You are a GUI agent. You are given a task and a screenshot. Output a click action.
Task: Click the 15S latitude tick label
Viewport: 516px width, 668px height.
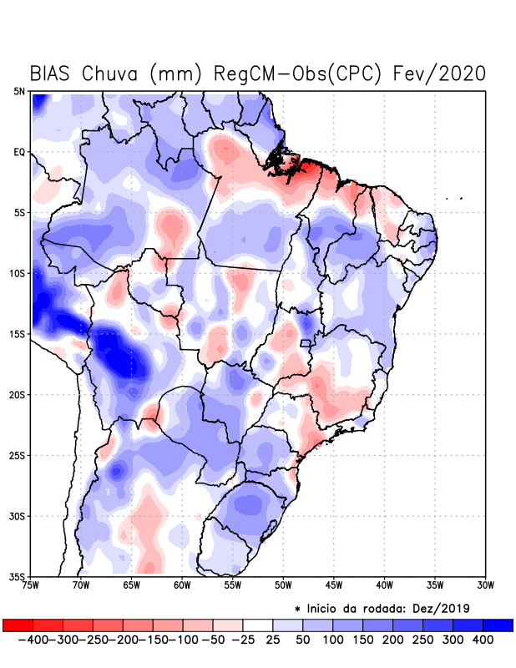pyautogui.click(x=18, y=334)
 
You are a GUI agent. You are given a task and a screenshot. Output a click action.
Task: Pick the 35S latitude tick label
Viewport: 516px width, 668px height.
pyautogui.click(x=18, y=576)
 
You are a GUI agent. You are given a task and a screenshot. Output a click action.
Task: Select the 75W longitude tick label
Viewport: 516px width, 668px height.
pyautogui.click(x=32, y=584)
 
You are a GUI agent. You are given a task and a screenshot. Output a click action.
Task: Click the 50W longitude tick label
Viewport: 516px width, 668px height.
pyautogui.click(x=283, y=584)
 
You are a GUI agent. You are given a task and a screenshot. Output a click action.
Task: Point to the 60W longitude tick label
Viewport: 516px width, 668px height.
pyautogui.click(x=182, y=584)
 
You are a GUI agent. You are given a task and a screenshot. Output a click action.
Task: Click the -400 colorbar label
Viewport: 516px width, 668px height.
pyautogui.click(x=31, y=639)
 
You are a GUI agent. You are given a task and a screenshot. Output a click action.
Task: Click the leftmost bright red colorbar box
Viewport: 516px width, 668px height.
pyautogui.click(x=18, y=625)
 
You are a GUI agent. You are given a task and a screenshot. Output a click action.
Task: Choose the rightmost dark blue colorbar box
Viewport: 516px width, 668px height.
pyautogui.click(x=498, y=625)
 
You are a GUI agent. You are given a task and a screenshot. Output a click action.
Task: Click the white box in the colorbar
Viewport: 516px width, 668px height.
pyautogui.click(x=257, y=625)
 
